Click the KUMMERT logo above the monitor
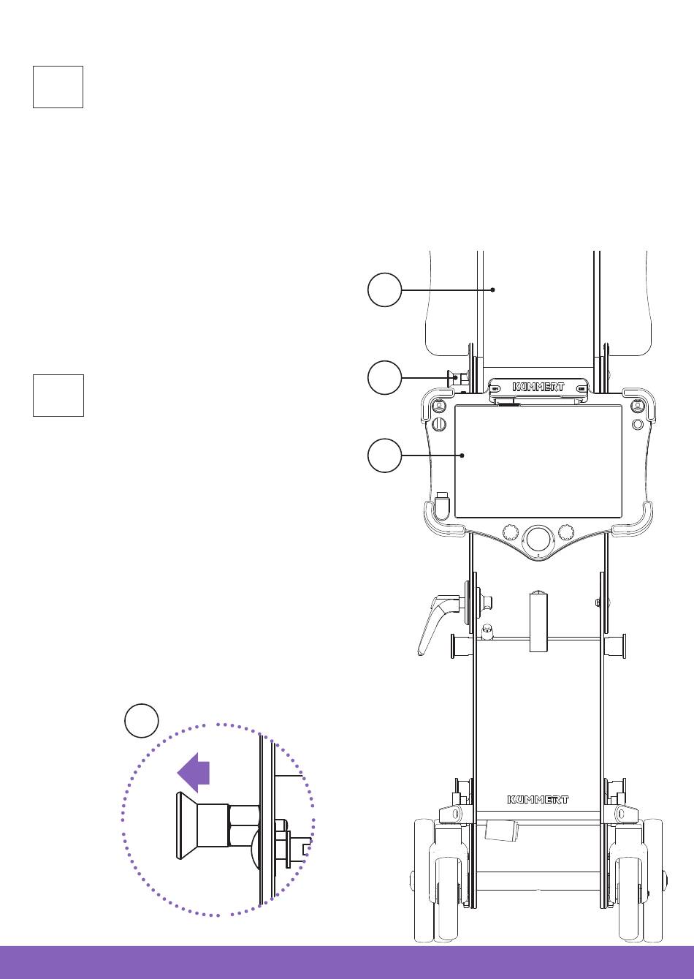pyautogui.click(x=538, y=387)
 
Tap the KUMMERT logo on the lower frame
pyautogui.click(x=538, y=800)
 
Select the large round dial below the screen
pyautogui.click(x=538, y=540)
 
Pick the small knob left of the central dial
pyautogui.click(x=510, y=532)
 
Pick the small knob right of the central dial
pyautogui.click(x=565, y=532)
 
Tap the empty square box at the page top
pyautogui.click(x=58, y=87)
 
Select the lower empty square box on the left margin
pyautogui.click(x=58, y=396)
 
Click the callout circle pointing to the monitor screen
pyautogui.click(x=384, y=456)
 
